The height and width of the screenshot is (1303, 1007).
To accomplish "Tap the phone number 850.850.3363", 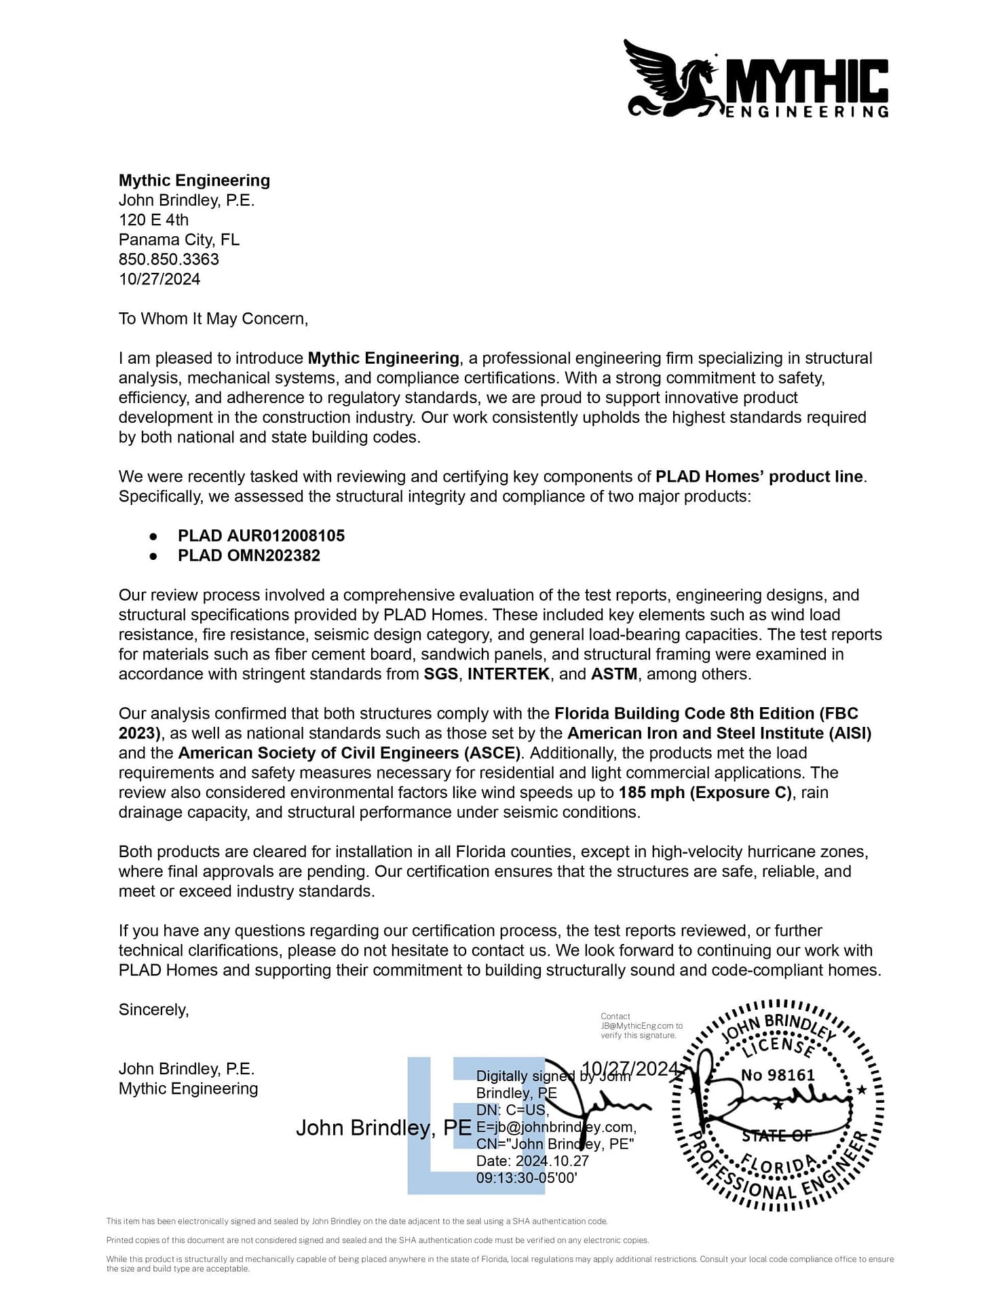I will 168,259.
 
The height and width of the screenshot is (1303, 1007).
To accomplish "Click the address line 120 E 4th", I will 153,220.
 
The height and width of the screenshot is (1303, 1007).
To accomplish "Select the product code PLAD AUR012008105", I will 261,535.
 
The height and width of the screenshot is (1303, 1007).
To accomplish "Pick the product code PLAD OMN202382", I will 248,555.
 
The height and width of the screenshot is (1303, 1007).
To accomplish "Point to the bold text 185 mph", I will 651,793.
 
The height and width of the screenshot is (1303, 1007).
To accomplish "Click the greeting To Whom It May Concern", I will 213,319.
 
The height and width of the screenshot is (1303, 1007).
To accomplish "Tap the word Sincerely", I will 153,1010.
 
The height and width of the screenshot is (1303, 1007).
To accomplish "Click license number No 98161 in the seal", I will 778,1075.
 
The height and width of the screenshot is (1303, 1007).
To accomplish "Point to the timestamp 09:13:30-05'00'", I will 527,1177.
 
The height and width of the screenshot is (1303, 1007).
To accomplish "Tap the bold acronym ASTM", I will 614,674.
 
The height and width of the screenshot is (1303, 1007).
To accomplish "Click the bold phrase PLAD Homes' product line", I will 759,476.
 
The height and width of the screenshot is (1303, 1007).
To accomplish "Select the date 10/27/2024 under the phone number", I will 159,279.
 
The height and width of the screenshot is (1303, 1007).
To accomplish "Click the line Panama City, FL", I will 178,240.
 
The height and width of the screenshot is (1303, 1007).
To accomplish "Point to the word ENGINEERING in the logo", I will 807,112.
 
